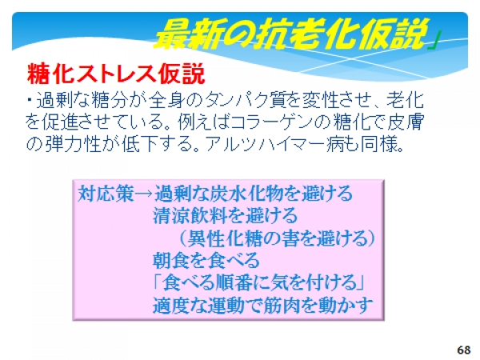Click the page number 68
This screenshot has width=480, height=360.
tap(464, 350)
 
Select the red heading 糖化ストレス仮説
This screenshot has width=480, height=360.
tap(116, 74)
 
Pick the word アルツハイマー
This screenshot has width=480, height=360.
tap(265, 143)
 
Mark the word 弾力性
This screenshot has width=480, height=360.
tap(73, 143)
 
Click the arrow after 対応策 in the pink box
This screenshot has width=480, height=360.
tap(144, 194)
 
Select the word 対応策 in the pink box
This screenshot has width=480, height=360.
tap(106, 194)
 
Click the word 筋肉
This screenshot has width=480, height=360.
tap(281, 305)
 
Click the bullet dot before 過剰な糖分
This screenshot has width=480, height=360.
tap(30, 99)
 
